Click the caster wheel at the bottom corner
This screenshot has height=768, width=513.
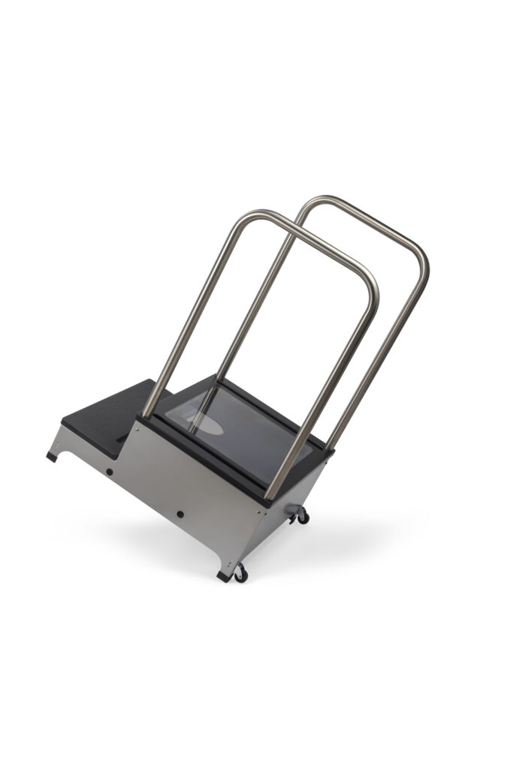tap(240, 574)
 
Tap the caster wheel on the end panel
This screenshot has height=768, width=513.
tap(303, 515)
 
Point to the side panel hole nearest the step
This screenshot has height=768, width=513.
tap(110, 472)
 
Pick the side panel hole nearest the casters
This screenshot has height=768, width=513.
tap(180, 514)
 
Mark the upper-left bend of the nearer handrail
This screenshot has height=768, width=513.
tap(243, 220)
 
